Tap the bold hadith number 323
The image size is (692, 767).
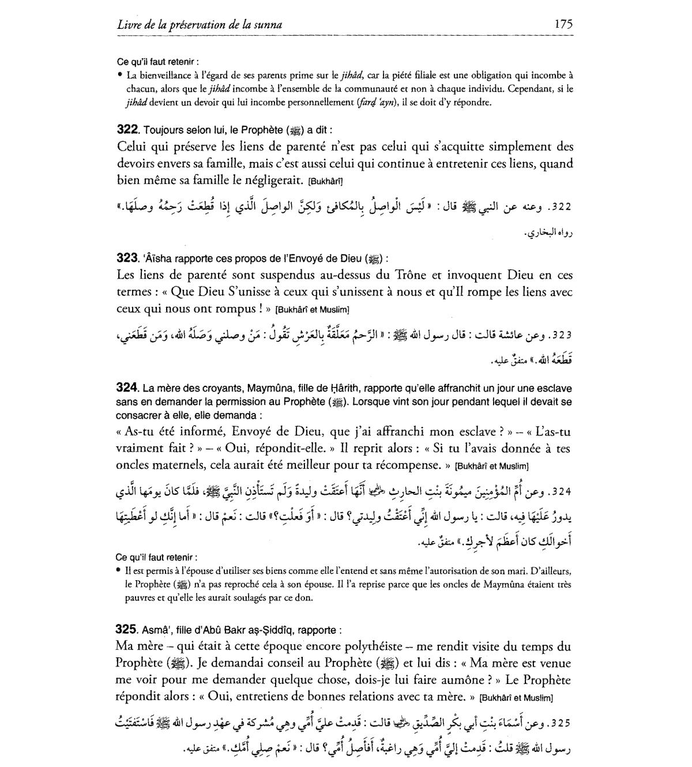[127, 258]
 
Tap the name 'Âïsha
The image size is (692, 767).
[155, 259]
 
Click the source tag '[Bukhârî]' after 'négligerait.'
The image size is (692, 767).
[326, 181]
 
